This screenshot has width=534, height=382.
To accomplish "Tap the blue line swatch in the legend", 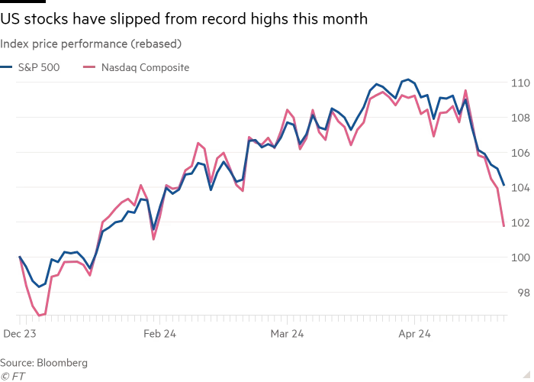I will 7,67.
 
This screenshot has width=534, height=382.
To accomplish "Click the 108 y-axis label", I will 520,117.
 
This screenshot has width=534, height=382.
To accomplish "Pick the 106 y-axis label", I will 520,152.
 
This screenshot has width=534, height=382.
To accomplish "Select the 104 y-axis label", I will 520,187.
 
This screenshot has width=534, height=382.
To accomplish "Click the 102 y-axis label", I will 520,222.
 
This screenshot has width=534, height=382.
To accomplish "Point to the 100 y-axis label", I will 520,257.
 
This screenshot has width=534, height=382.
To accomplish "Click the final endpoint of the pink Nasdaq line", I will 503,225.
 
